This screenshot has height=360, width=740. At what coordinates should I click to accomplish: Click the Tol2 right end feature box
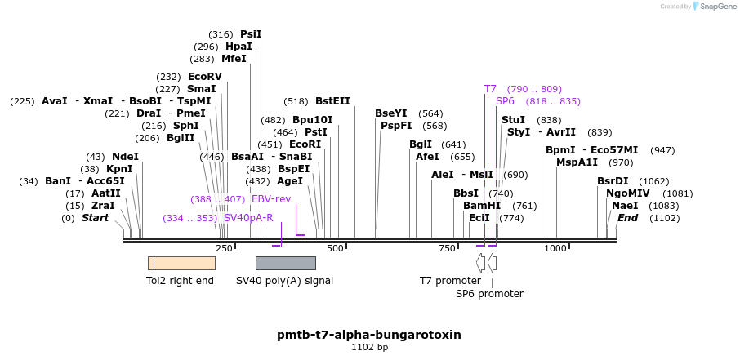[181, 263]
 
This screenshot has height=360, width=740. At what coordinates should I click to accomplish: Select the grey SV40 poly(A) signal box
[285, 263]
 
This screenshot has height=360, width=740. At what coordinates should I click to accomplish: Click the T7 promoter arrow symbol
[480, 263]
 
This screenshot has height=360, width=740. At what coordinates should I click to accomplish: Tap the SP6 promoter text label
[489, 294]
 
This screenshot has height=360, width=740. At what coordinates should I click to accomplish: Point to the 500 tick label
[335, 248]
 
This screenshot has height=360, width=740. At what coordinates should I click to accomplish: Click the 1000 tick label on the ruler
[555, 248]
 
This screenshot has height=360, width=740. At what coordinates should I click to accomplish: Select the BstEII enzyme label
[332, 101]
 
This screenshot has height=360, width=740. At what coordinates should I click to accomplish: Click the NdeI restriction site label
[125, 157]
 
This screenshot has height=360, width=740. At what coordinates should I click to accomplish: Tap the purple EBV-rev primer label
[270, 199]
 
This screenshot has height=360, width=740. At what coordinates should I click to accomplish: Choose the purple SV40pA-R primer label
[247, 218]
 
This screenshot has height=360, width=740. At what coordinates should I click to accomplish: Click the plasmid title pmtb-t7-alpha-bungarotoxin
[369, 335]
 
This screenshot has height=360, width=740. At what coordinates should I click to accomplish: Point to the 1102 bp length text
[369, 348]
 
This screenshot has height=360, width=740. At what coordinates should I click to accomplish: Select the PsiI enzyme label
[251, 34]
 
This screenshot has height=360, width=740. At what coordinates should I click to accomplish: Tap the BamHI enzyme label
[482, 206]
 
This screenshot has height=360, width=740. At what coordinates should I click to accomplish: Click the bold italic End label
[627, 218]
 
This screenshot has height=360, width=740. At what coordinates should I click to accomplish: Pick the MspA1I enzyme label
[577, 162]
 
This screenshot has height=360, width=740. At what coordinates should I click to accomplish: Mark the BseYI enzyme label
[390, 113]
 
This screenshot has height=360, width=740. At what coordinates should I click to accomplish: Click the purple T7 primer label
[490, 89]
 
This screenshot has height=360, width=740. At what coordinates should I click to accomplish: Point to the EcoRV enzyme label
[204, 77]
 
